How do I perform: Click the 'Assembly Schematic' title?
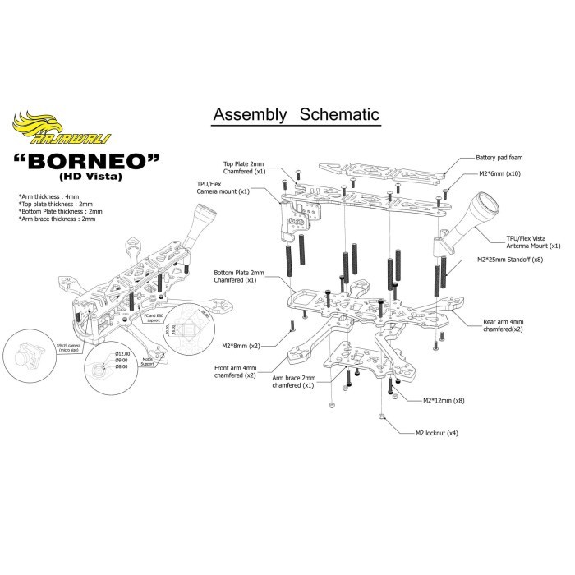(296, 114)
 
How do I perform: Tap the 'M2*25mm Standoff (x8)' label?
(512, 260)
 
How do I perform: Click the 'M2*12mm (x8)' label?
(443, 400)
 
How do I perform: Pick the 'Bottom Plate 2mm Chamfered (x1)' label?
(239, 276)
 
